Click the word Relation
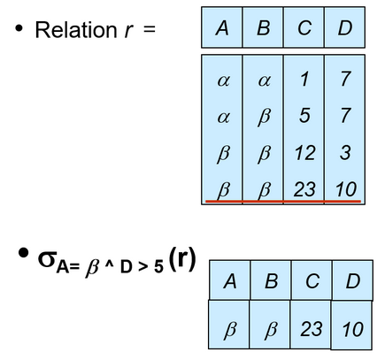(x=76, y=30)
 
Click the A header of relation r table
(x=222, y=28)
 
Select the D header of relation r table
(x=345, y=28)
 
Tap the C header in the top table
(x=304, y=28)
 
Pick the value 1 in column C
(x=304, y=79)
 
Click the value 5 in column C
(x=304, y=115)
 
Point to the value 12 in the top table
(x=304, y=153)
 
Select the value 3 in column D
(x=345, y=153)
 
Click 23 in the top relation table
(x=304, y=189)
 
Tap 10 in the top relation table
(x=346, y=189)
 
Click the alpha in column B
(x=264, y=80)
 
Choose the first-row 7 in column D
(x=345, y=79)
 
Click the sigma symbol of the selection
(x=47, y=259)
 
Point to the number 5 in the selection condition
(x=158, y=267)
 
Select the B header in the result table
(x=271, y=281)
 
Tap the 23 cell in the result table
(x=312, y=329)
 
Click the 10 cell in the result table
(x=353, y=329)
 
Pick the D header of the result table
(x=353, y=281)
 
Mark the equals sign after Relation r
(x=150, y=30)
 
